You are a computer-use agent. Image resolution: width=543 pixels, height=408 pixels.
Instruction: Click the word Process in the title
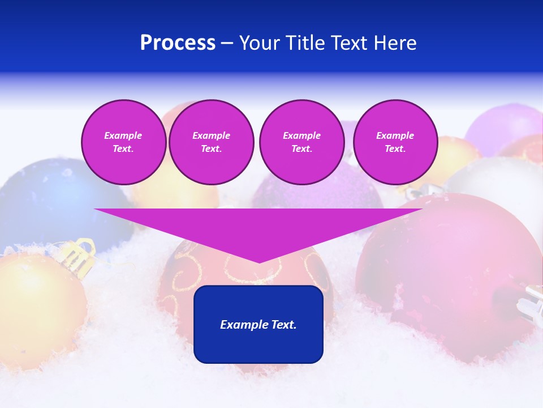pos(178,43)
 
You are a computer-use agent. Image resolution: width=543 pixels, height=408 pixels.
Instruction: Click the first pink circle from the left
pos(123,142)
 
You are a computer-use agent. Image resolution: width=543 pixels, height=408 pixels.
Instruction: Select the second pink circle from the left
pos(212,142)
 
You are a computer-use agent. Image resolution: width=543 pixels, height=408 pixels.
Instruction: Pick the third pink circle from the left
pos(301,142)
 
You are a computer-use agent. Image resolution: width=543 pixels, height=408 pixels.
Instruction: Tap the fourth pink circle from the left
pos(395,142)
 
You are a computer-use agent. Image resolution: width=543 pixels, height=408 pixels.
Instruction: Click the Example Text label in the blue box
pos(258,325)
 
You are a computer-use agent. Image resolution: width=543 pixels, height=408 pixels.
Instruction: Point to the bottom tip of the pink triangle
pos(259,262)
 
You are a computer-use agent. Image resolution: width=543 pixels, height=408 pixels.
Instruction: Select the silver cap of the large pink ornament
pos(529,303)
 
